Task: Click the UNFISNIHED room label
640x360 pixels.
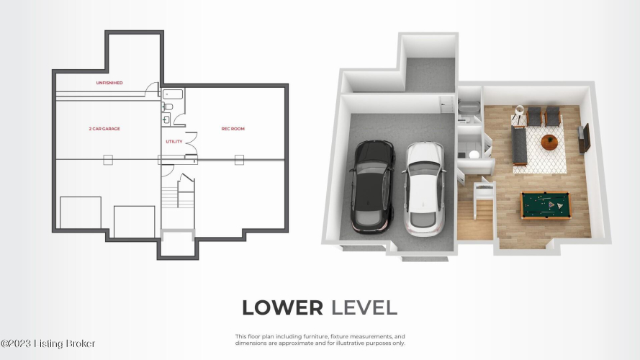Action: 109,83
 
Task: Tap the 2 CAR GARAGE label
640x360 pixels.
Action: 104,129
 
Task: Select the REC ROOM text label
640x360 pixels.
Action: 233,129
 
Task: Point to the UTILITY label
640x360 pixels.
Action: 174,142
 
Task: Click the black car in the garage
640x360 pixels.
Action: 373,186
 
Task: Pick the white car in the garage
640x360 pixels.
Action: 424,189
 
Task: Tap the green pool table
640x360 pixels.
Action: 545,205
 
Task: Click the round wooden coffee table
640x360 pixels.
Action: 549,142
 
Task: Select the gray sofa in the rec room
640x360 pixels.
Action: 519,145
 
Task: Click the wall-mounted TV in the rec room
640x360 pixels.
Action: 587,138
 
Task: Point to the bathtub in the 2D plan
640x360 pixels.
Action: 173,94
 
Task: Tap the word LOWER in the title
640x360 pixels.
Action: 282,307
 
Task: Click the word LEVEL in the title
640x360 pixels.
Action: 364,307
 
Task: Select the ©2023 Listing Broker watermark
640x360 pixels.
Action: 48,343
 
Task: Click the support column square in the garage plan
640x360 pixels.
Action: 108,160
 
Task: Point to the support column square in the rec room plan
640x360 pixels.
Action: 239,160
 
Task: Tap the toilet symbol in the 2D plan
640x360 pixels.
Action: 167,107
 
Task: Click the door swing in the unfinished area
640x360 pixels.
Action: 152,89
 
